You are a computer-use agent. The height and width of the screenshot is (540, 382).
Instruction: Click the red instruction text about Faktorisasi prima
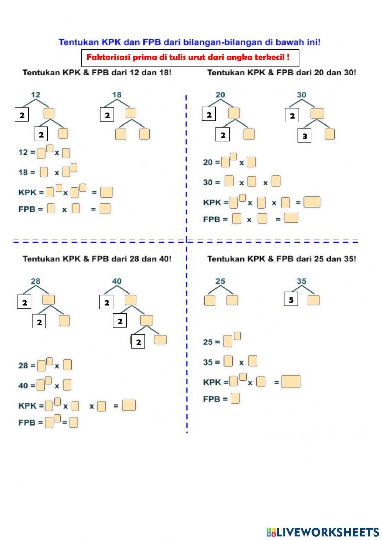click(188, 57)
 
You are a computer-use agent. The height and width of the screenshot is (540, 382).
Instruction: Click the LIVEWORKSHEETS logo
click(323, 532)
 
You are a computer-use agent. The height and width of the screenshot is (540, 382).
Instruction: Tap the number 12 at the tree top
click(35, 95)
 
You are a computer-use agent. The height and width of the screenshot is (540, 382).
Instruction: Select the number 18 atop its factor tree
click(117, 95)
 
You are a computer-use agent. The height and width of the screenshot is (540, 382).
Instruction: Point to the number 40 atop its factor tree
click(117, 281)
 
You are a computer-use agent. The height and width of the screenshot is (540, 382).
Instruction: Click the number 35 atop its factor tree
click(301, 281)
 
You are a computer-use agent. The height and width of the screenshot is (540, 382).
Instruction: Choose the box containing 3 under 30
click(304, 136)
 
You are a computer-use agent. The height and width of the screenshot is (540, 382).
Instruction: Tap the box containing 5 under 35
click(291, 300)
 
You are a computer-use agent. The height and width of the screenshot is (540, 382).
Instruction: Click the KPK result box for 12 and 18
click(107, 192)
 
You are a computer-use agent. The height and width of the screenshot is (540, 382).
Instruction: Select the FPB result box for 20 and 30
click(291, 218)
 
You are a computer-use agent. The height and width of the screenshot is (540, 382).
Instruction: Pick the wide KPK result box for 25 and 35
click(291, 381)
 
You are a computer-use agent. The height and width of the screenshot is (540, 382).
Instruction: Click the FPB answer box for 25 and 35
click(235, 398)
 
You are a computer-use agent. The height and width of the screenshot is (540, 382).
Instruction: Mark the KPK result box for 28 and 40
click(129, 405)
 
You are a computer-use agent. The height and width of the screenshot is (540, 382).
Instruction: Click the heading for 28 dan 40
click(97, 259)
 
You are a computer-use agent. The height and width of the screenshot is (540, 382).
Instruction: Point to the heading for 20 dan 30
click(282, 72)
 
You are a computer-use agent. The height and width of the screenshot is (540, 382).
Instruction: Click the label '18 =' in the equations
click(26, 172)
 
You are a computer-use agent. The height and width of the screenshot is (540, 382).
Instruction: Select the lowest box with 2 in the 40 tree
click(138, 342)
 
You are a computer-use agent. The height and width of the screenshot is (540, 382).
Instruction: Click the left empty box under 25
click(209, 300)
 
